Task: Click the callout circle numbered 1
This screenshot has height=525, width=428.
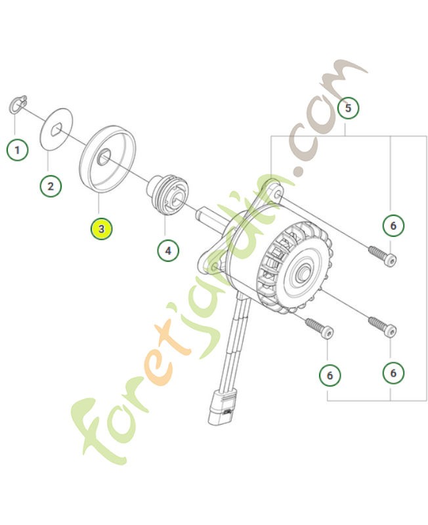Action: point(18,150)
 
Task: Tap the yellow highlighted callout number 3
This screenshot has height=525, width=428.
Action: point(102,229)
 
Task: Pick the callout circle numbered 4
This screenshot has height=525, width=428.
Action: point(168,249)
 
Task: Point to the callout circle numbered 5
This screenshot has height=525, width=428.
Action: point(349,107)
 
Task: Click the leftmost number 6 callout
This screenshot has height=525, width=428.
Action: point(330,375)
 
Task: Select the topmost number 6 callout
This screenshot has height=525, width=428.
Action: point(393,226)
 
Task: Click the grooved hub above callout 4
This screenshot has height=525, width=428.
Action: point(167,194)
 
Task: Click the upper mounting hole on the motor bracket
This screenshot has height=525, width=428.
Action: point(276,195)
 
